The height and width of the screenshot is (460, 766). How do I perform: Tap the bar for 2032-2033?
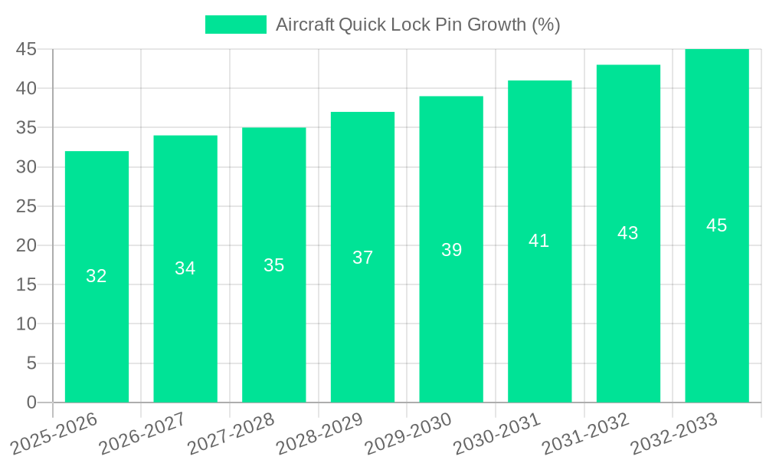tap(716, 307)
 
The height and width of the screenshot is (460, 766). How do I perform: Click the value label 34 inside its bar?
tap(185, 268)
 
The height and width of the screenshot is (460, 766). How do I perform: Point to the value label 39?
tap(451, 250)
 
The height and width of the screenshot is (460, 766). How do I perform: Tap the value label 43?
tap(628, 233)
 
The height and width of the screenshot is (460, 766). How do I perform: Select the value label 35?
tap(273, 265)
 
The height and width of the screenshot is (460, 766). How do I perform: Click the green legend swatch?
tap(236, 25)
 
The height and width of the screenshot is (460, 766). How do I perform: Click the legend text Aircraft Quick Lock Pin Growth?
tap(417, 25)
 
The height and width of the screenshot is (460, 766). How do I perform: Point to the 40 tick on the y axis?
tap(26, 88)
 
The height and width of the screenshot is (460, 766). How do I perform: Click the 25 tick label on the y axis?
tap(26, 206)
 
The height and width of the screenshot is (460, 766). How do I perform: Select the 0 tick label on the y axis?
tap(31, 402)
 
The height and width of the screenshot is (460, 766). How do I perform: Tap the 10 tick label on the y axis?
tap(26, 324)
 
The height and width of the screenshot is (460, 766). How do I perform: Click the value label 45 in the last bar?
tap(716, 225)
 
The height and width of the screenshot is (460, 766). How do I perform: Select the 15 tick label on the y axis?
tap(26, 284)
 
